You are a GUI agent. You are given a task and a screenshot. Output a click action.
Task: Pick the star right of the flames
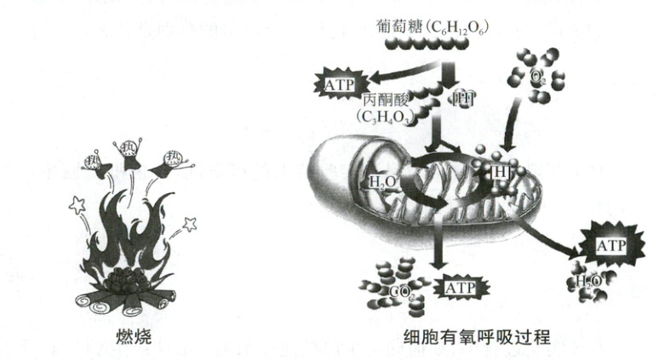[x=190, y=224]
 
